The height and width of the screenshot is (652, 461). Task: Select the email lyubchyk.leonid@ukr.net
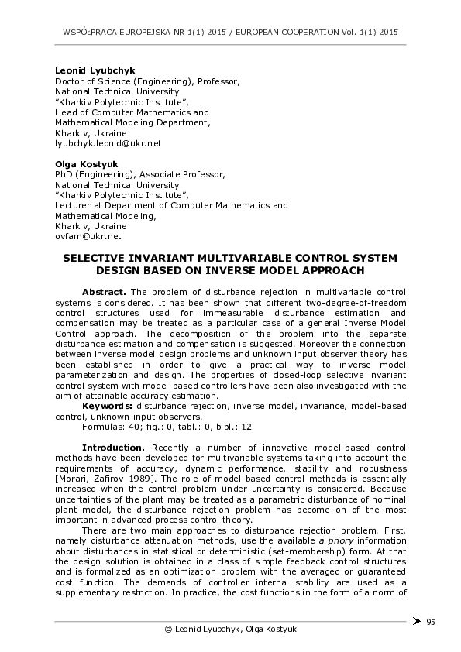108,143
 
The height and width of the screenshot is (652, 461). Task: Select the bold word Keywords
108,406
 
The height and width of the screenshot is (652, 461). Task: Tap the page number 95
431,621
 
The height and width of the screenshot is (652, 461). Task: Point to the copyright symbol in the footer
168,629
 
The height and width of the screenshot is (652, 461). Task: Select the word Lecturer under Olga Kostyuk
74,205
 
